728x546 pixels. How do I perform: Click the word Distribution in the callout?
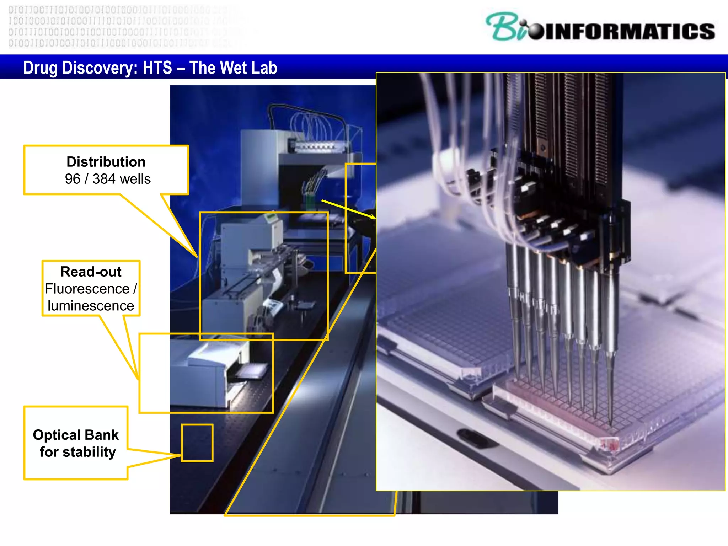point(106,162)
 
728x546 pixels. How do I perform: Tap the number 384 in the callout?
point(104,179)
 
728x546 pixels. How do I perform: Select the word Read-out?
point(91,272)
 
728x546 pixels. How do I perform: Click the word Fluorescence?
point(87,289)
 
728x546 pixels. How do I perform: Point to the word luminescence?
point(91,306)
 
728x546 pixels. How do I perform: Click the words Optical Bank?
point(76,435)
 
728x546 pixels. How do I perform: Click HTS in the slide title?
point(157,68)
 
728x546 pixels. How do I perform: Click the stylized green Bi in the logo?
point(505,27)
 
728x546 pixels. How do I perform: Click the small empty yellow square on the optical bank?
point(197,443)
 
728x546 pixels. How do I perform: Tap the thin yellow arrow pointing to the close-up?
point(348,209)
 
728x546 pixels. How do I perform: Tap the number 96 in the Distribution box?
point(73,179)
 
